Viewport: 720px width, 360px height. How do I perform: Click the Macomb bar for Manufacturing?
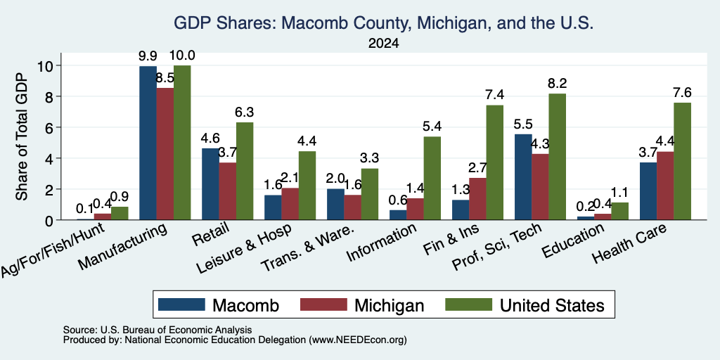148,143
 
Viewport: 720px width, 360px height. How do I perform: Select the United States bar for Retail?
245,172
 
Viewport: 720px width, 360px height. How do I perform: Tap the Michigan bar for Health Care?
665,186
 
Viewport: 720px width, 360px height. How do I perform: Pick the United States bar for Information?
432,178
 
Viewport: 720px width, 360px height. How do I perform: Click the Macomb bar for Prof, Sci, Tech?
523,177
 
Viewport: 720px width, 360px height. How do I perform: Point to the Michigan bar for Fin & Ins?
478,199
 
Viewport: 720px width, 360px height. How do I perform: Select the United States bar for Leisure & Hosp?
307,186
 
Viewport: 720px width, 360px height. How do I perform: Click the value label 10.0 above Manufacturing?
182,56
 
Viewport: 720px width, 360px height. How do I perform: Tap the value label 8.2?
557,84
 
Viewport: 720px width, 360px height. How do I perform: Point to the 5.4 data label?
432,127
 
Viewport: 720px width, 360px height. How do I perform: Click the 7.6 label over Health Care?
682,92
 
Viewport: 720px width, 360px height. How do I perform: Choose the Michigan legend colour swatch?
323,304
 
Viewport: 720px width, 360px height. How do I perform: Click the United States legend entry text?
552,305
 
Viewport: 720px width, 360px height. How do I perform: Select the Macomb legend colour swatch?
181,304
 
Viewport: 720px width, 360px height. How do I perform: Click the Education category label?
573,240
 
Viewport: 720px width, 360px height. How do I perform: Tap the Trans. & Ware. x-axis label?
308,248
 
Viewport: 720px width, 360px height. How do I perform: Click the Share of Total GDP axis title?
22,136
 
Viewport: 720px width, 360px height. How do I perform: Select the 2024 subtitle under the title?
383,44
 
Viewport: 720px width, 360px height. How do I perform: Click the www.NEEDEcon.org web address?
358,340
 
